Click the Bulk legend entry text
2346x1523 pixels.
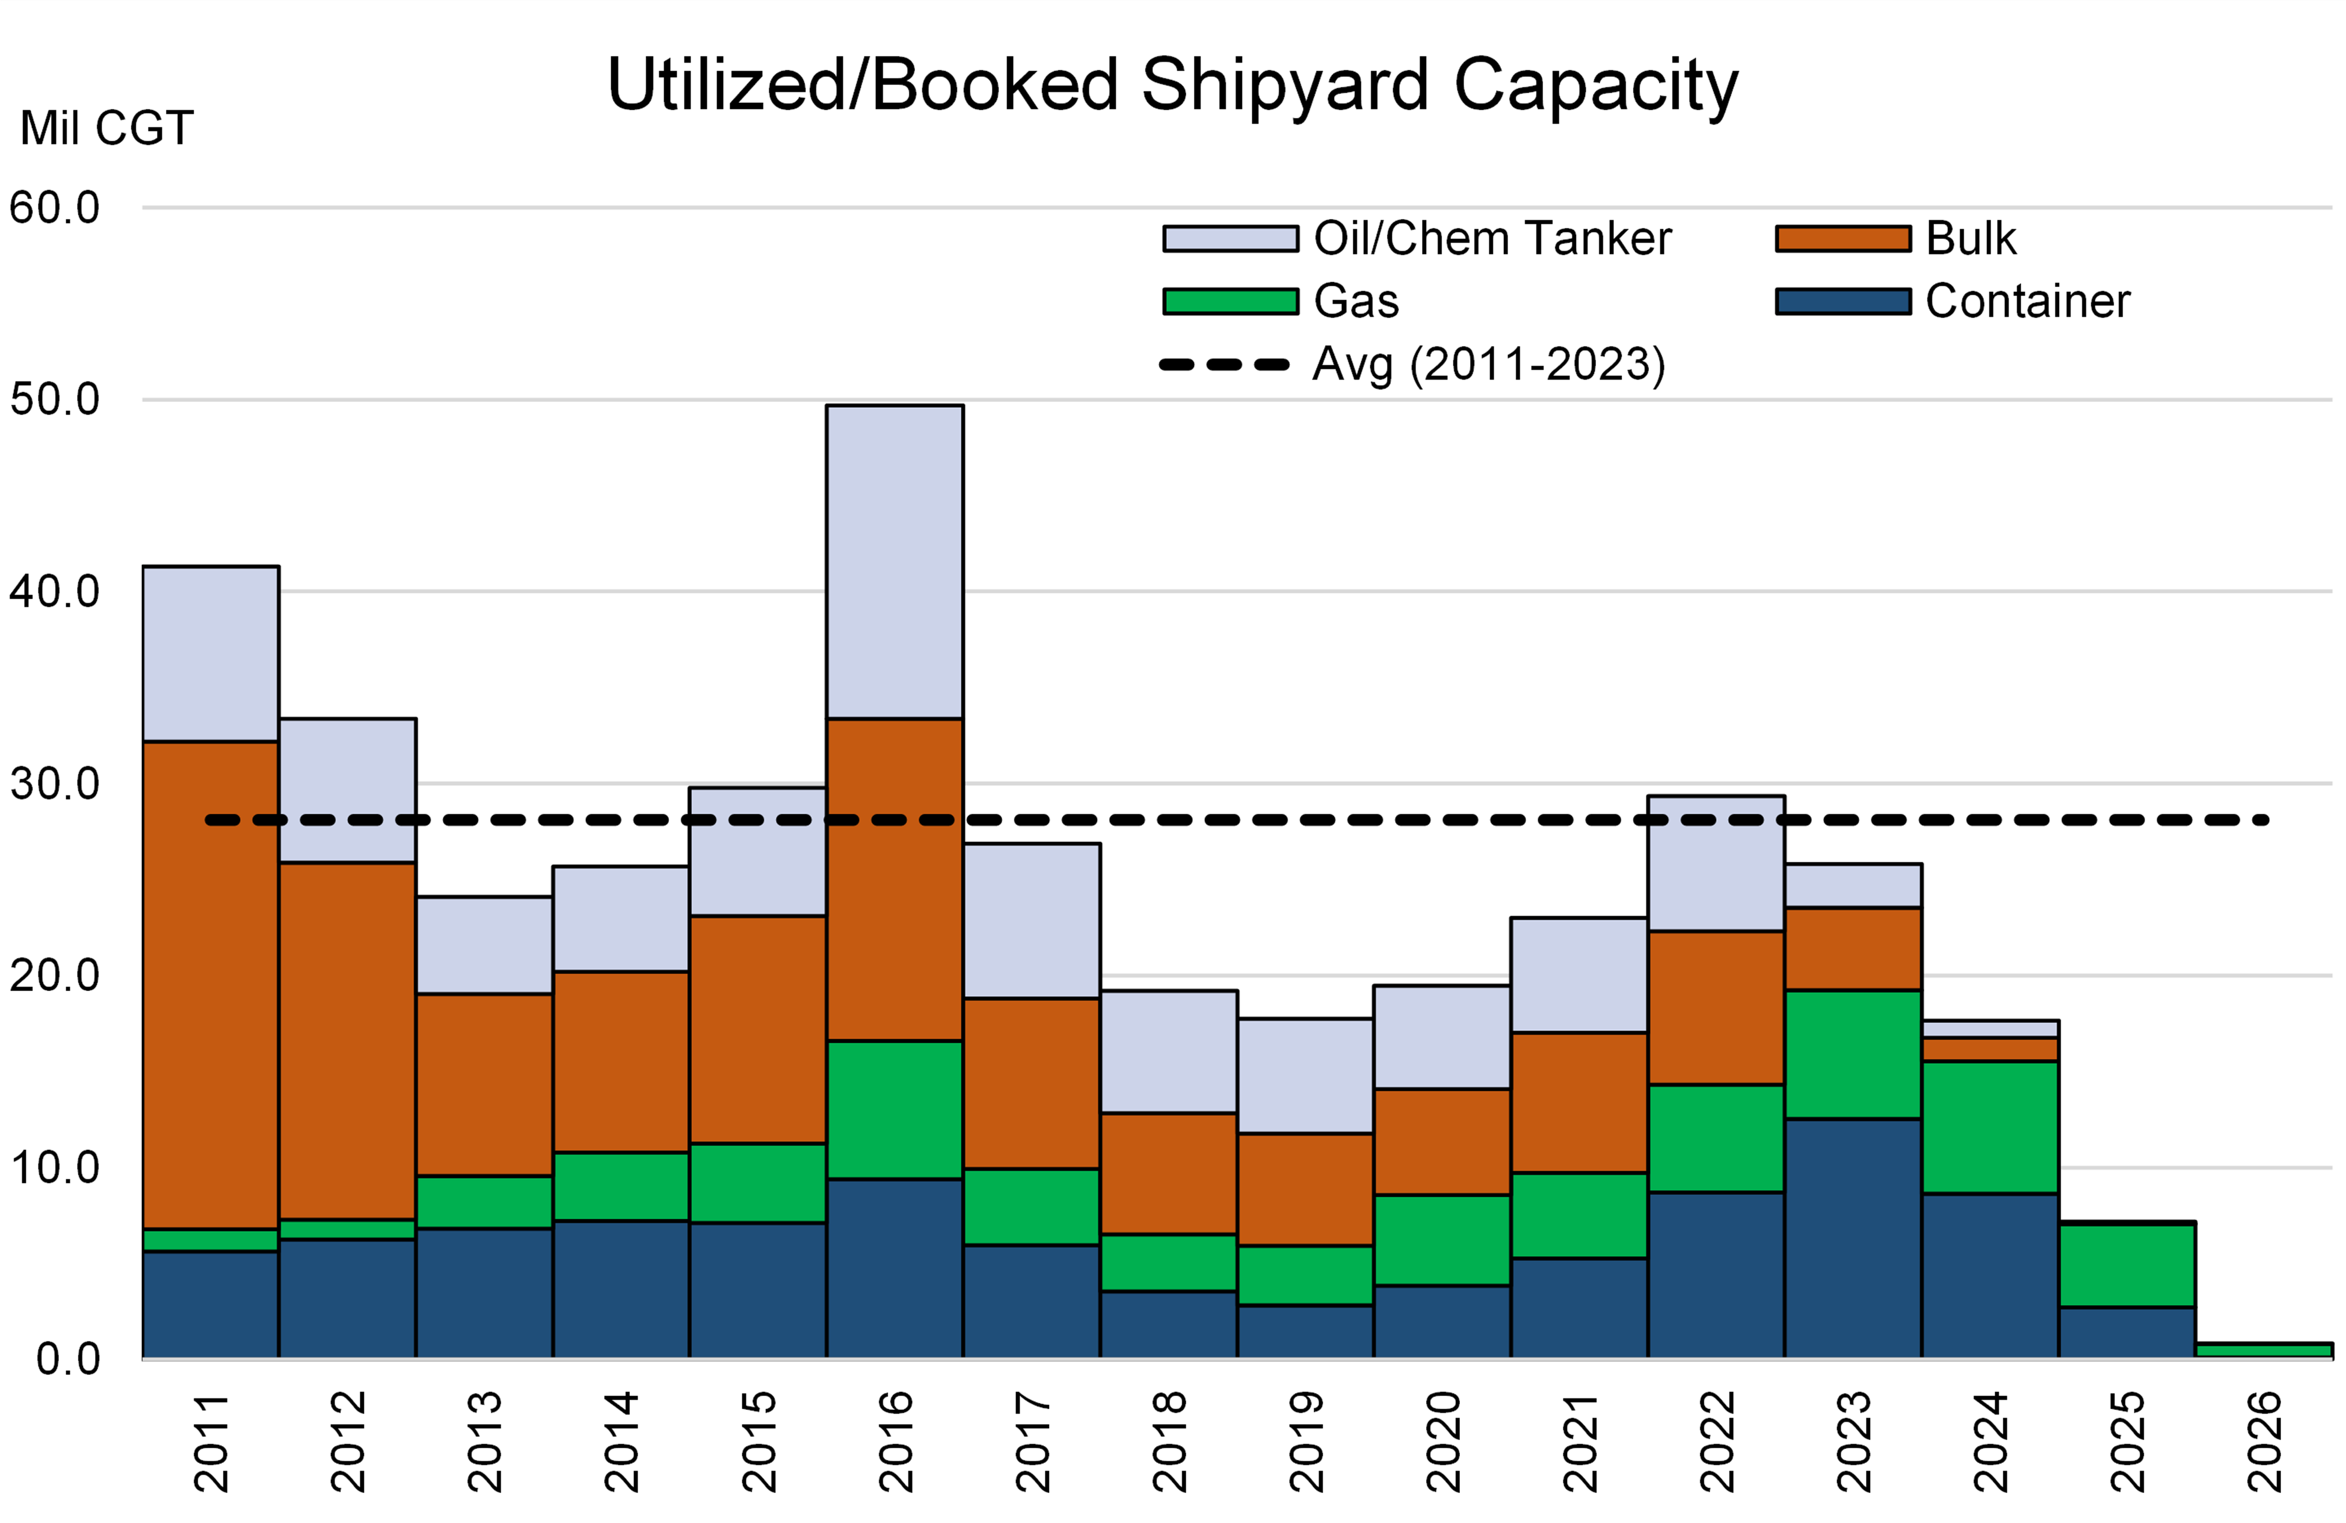[1971, 238]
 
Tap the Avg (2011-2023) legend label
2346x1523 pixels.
[1488, 365]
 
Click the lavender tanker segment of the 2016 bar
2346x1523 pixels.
[894, 562]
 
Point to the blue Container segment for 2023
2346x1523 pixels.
[1852, 1238]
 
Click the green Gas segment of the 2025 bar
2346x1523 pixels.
[2126, 1265]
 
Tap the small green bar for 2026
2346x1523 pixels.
[2263, 1350]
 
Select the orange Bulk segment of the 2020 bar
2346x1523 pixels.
[1442, 1141]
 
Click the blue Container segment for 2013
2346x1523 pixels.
[484, 1293]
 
